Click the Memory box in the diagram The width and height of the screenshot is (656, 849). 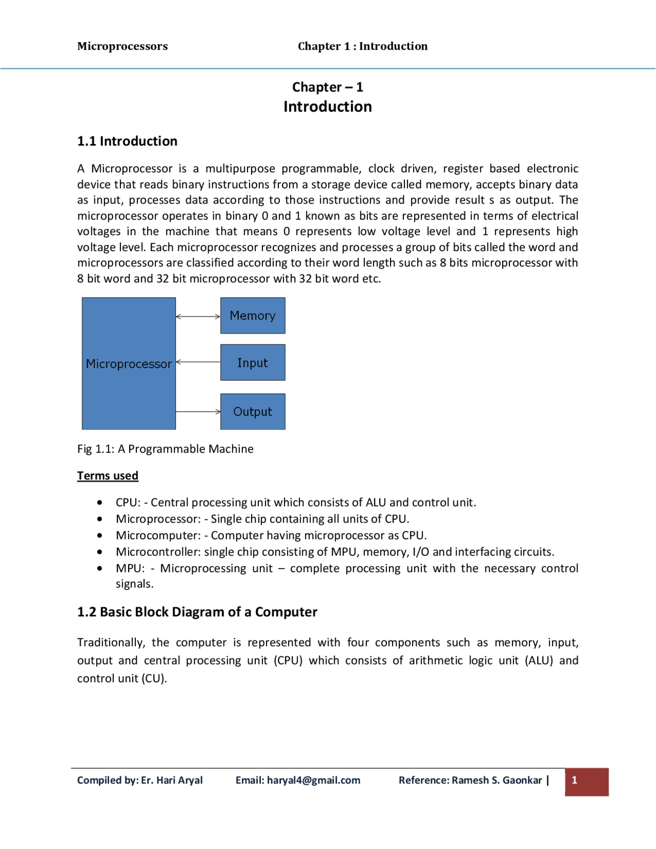click(x=253, y=316)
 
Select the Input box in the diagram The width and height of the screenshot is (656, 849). click(x=253, y=362)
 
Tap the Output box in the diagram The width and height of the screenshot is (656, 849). click(x=253, y=412)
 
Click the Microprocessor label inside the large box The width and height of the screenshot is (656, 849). click(x=129, y=364)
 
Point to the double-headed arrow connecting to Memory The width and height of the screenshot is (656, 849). click(x=198, y=317)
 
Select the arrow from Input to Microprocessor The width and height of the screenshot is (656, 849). click(x=198, y=362)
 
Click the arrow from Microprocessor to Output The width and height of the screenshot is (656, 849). click(x=198, y=412)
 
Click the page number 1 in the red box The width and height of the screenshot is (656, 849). click(x=575, y=780)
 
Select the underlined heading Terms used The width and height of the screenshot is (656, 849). click(x=108, y=476)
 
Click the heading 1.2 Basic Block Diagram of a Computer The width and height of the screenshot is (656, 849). click(x=197, y=612)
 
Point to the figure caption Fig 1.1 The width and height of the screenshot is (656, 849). click(x=165, y=449)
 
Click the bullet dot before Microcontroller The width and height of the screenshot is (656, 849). click(x=99, y=552)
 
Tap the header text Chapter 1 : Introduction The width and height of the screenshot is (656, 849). click(x=362, y=46)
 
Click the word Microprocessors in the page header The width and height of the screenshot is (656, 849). click(x=122, y=46)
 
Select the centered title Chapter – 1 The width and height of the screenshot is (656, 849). click(x=327, y=87)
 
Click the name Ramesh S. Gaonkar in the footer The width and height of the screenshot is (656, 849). click(x=497, y=780)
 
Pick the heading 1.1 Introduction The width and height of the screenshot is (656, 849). click(x=127, y=141)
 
